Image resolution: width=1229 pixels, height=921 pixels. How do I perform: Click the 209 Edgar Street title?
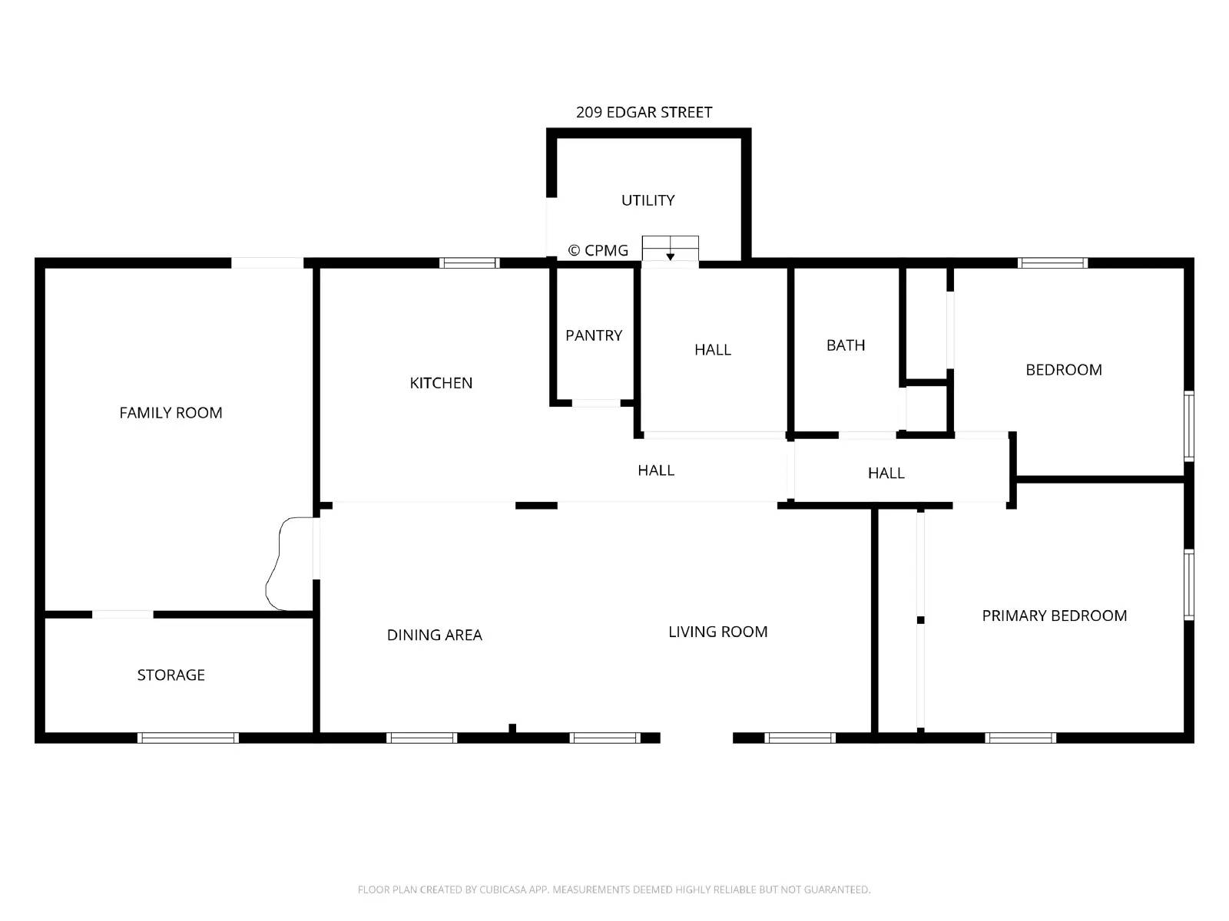pos(644,112)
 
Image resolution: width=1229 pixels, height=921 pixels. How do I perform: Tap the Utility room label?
pos(648,200)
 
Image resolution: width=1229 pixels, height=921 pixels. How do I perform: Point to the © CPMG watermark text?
pos(598,250)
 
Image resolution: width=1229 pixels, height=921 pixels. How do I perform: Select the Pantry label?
pos(594,335)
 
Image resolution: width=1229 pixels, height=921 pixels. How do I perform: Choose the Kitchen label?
pos(441,383)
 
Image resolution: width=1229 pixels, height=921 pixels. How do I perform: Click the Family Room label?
pos(171,413)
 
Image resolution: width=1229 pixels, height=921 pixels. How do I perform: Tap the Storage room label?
pos(171,675)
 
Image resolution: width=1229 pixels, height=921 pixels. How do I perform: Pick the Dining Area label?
pos(435,635)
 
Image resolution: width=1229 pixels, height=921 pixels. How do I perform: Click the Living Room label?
pos(717,632)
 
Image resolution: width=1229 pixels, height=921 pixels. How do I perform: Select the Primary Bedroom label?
pos(1055,616)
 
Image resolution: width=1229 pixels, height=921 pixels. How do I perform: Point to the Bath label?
pos(846,345)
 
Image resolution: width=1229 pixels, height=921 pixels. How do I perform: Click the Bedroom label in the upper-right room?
pos(1064,370)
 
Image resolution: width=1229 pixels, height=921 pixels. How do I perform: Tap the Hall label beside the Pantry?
pos(713,350)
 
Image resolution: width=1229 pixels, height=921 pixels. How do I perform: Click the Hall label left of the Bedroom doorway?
pos(886,473)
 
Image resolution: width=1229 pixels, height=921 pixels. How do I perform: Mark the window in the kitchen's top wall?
pos(469,262)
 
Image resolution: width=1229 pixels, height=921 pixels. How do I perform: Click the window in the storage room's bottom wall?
pos(188,738)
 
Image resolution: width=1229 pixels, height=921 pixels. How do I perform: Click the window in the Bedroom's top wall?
pos(1052,262)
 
